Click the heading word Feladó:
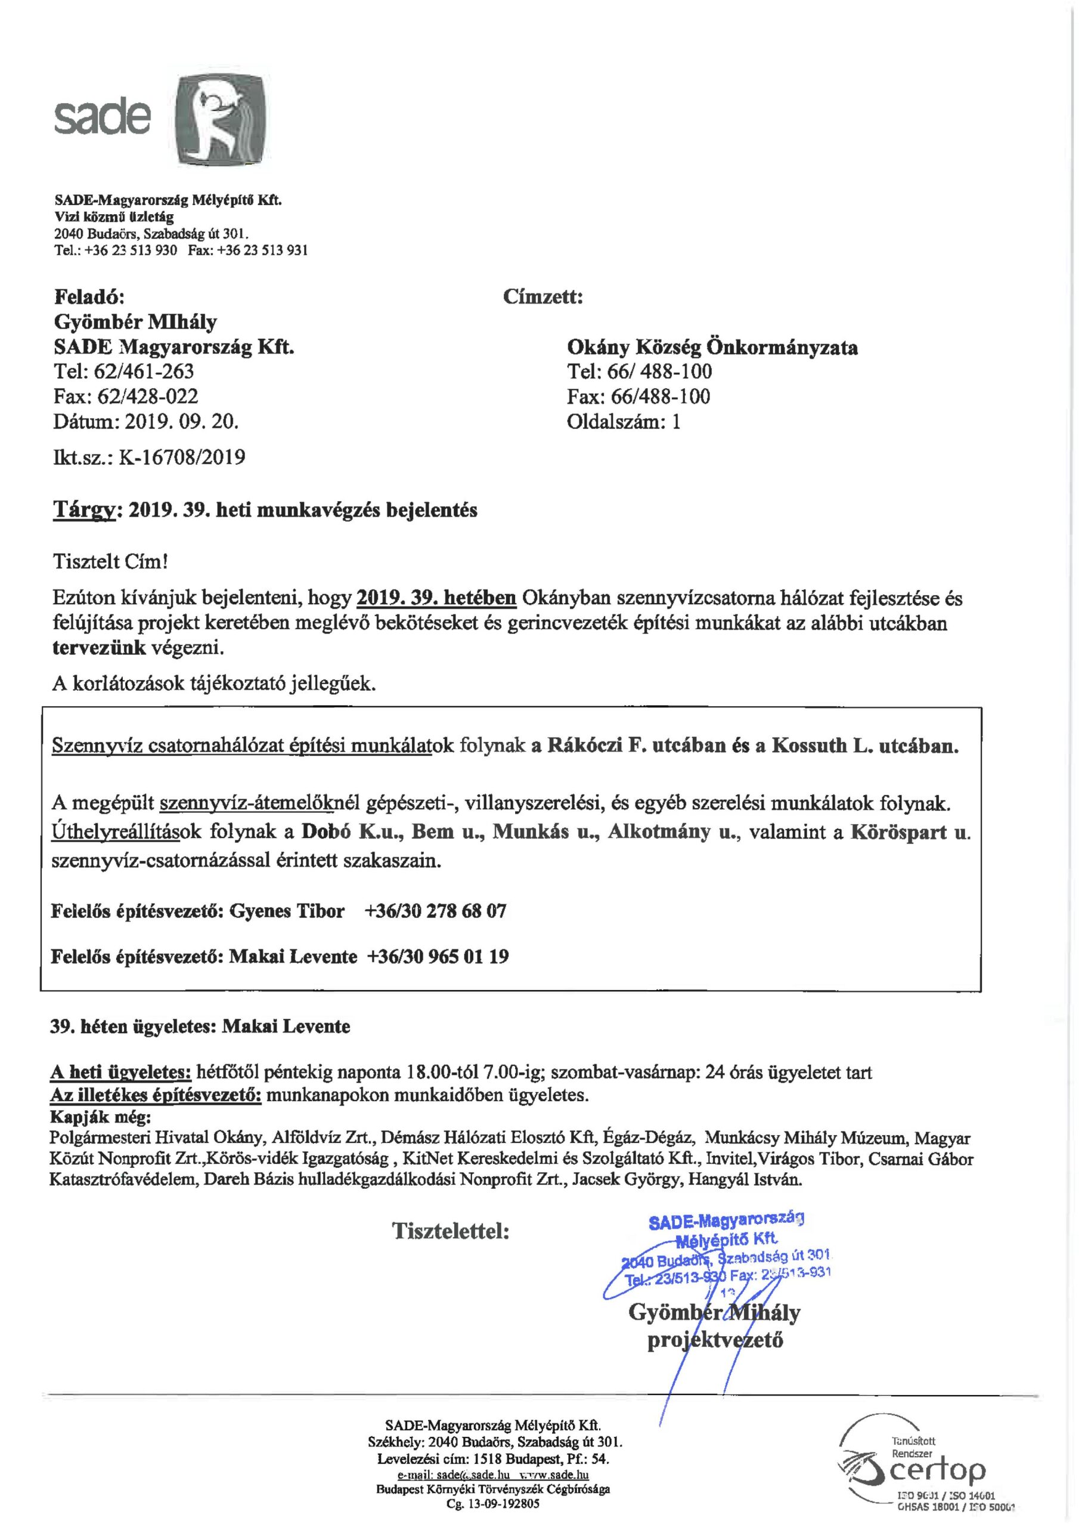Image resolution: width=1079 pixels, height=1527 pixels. tap(88, 296)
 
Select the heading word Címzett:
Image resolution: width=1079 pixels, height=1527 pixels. tap(542, 296)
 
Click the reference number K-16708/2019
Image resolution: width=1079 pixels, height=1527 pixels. tap(181, 458)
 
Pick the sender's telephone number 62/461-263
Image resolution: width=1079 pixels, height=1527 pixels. tap(145, 371)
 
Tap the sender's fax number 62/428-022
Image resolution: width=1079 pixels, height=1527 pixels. tap(148, 397)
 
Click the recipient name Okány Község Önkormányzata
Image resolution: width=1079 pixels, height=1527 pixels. tap(712, 347)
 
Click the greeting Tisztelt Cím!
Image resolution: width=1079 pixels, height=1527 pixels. tap(110, 561)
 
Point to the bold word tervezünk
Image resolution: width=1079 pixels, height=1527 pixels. tap(99, 648)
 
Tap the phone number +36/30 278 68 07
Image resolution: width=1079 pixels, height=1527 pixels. tap(435, 910)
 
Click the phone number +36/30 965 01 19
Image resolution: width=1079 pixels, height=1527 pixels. tap(438, 956)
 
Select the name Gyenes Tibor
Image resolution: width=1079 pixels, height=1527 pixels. tap(287, 910)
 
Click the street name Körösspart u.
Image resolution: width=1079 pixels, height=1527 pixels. tap(910, 833)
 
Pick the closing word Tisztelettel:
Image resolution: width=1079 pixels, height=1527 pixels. tap(451, 1231)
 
